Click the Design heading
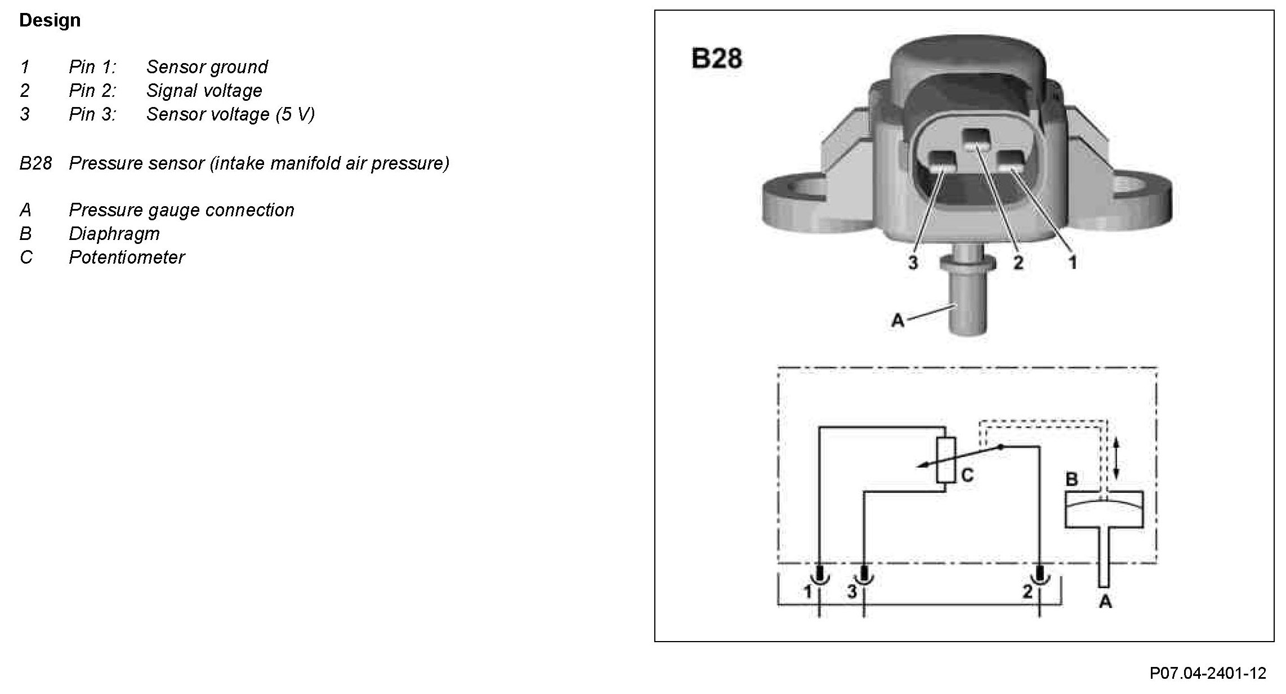[50, 20]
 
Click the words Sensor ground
[207, 67]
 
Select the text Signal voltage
[204, 91]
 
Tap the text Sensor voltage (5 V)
[230, 114]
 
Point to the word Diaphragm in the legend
[114, 234]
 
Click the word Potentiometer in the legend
[126, 257]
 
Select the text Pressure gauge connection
[181, 210]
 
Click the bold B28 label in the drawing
[716, 58]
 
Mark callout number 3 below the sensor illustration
[913, 263]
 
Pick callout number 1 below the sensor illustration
[1072, 263]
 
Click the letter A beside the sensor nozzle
[897, 321]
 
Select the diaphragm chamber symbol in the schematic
[1104, 509]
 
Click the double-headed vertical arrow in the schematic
[1117, 460]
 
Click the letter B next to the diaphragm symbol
[1071, 480]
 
